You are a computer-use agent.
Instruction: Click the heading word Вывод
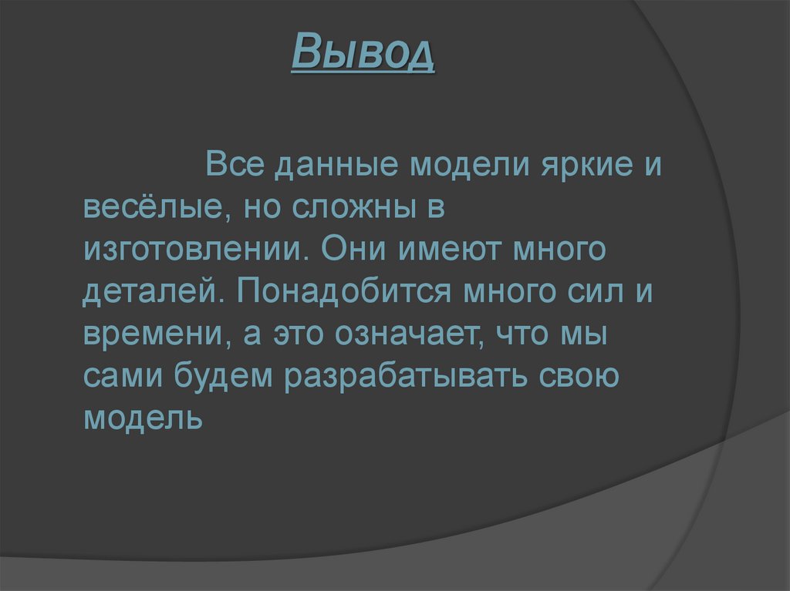(x=363, y=54)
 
